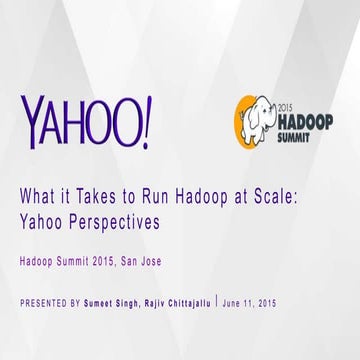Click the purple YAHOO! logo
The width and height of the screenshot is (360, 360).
pyautogui.click(x=86, y=119)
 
